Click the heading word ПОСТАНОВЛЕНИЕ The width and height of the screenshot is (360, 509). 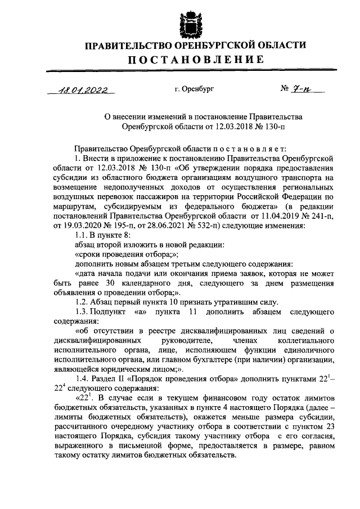[195, 60]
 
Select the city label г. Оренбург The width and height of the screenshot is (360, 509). [195, 89]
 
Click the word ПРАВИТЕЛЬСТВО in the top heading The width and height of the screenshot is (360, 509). [127, 44]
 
